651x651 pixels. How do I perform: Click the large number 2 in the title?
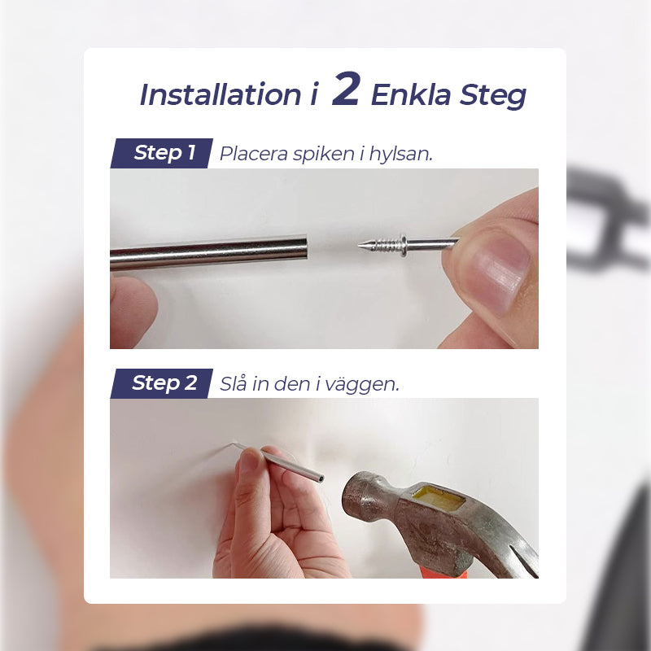tap(346, 91)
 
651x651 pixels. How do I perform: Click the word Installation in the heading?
tap(220, 95)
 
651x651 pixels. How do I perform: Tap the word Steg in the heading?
tap(491, 96)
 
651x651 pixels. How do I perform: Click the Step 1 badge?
tap(163, 152)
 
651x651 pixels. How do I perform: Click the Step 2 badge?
tap(163, 383)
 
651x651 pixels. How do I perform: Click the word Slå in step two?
tap(234, 384)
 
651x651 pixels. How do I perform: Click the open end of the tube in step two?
tap(321, 478)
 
